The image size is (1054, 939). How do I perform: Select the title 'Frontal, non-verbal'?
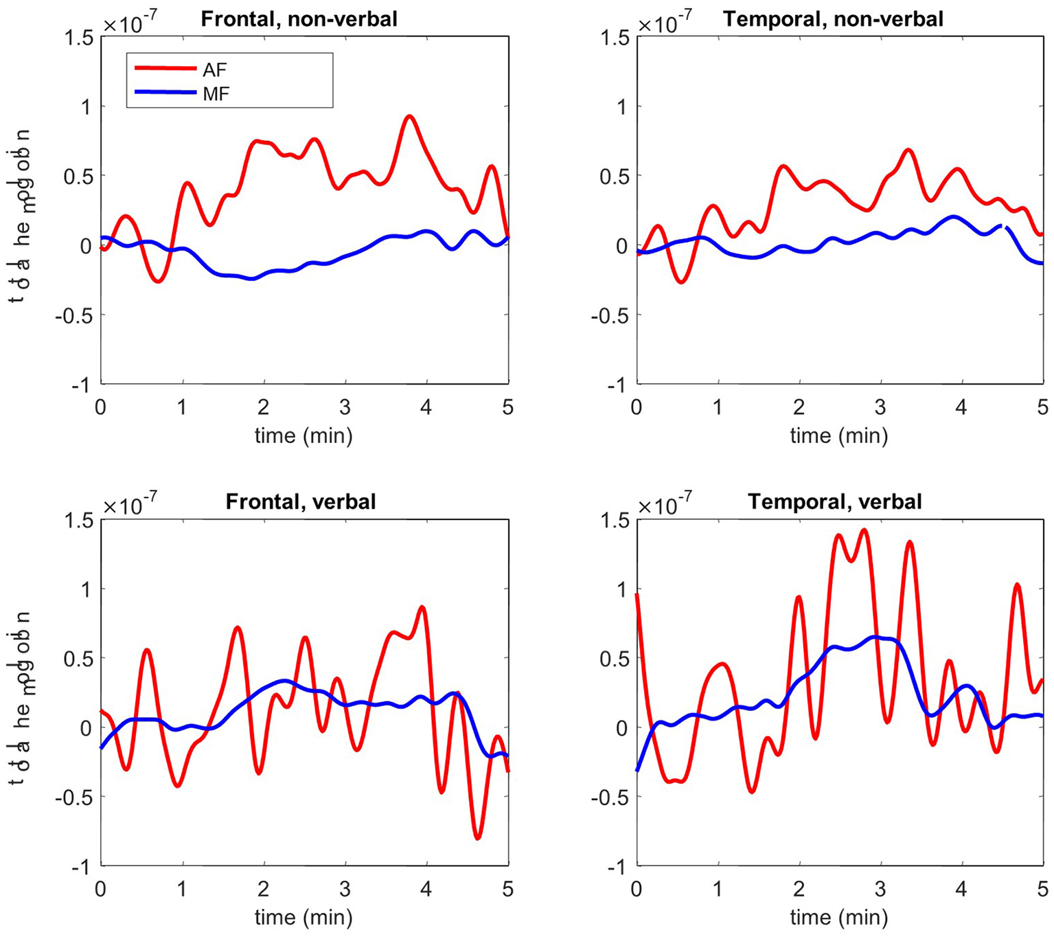click(299, 19)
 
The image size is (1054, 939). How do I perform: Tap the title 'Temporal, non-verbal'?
click(834, 19)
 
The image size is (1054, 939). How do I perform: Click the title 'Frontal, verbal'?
click(301, 501)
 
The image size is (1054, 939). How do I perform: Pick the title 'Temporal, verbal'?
click(835, 501)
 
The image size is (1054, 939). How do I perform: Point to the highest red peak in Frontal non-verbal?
click(409, 117)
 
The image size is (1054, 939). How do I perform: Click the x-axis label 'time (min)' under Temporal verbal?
click(839, 918)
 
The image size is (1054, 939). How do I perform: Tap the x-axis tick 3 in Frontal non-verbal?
click(345, 407)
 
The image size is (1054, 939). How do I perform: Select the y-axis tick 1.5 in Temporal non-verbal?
click(615, 37)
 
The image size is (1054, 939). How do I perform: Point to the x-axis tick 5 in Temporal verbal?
click(1043, 890)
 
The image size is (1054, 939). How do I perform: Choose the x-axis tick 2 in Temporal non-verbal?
click(799, 407)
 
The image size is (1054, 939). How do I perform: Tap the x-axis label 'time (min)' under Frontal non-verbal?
click(303, 435)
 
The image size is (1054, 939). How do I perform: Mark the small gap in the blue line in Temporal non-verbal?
click(1003, 226)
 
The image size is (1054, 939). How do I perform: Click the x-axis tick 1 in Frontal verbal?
click(182, 890)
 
